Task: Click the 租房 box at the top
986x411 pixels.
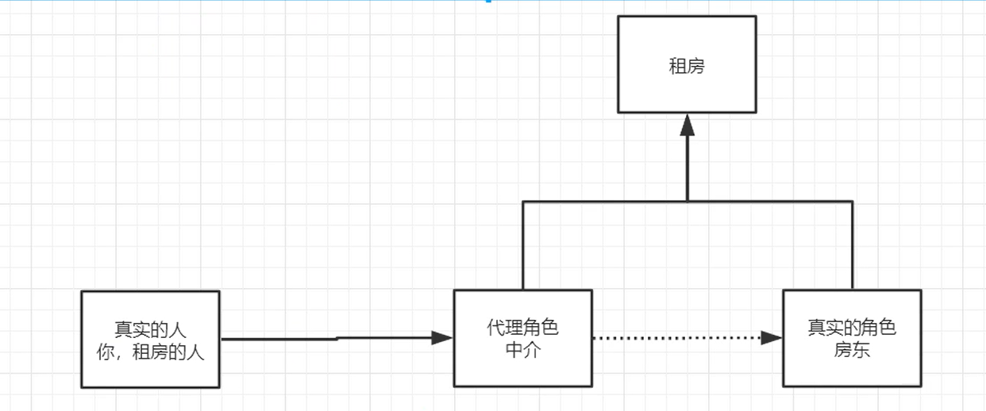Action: click(687, 65)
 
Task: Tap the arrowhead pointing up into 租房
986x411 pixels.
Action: click(687, 125)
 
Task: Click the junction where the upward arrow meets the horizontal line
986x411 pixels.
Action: click(687, 202)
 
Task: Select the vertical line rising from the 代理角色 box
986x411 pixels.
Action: click(522, 246)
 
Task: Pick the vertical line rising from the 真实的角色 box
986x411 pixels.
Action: click(852, 246)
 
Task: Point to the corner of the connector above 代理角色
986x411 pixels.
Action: click(522, 202)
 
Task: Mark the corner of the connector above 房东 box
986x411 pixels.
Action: click(852, 202)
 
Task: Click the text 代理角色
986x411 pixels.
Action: click(522, 328)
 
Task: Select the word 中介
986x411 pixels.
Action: click(522, 350)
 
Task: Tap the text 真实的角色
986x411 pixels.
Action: click(852, 328)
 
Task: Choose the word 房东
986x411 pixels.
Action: click(852, 350)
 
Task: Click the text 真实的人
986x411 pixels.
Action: click(151, 330)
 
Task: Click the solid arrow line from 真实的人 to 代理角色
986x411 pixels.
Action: click(278, 340)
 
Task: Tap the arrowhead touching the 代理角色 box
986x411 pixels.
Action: click(442, 338)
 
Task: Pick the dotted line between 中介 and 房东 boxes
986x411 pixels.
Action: click(675, 338)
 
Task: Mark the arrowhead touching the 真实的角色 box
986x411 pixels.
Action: click(772, 338)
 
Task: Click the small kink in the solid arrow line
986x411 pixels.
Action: click(337, 339)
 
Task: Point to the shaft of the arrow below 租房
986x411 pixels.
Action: click(687, 167)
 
